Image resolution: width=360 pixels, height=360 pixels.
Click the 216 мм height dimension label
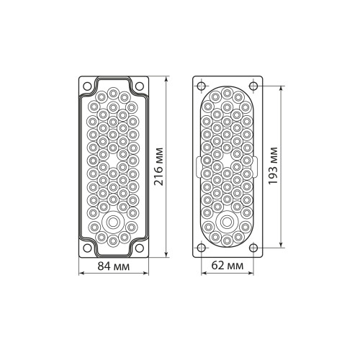pyautogui.click(x=158, y=167)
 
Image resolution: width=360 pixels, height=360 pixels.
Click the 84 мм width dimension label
pyautogui.click(x=114, y=266)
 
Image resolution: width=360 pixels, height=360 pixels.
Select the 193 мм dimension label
pyautogui.click(x=273, y=166)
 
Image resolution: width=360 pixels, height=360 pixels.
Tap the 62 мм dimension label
pyautogui.click(x=228, y=266)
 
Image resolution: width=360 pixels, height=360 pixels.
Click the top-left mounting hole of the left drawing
pyautogui.click(x=87, y=86)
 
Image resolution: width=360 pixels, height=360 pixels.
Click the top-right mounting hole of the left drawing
pyautogui.click(x=140, y=86)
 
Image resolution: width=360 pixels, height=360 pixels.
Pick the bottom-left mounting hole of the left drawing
pyautogui.click(x=87, y=248)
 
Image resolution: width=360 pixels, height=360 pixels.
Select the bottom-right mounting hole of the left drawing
pyautogui.click(x=140, y=248)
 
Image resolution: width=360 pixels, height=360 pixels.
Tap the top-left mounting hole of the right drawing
pyautogui.click(x=201, y=86)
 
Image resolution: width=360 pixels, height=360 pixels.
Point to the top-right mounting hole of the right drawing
pyautogui.click(x=253, y=86)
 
